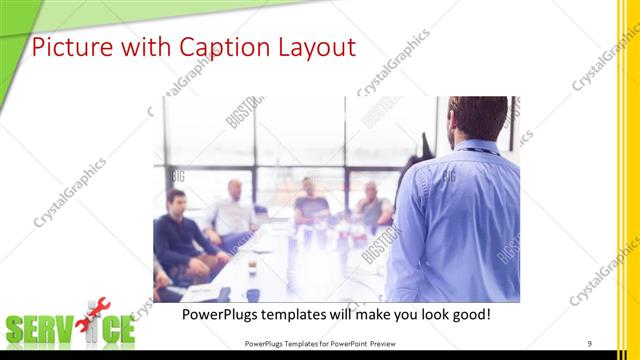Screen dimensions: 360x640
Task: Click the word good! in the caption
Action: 467,314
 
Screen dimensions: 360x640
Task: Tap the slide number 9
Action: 590,344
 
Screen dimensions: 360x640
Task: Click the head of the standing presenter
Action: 478,118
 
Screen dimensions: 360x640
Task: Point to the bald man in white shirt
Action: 233,210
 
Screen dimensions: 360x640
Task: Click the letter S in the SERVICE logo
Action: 18,331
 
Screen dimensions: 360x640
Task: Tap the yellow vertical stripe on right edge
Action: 628,180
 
